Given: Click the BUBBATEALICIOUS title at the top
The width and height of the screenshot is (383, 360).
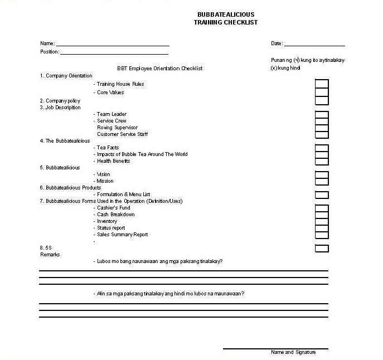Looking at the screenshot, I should coord(226,14).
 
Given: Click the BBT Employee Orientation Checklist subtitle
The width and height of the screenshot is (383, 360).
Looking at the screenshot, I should coord(159,69).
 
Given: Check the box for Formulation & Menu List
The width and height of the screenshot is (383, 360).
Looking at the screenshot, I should coord(322,195).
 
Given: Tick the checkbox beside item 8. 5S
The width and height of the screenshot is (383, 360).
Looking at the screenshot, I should coord(322,249).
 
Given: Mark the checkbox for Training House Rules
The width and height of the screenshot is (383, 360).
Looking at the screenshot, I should coord(322,84).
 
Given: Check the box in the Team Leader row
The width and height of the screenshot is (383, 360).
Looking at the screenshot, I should coord(322,115).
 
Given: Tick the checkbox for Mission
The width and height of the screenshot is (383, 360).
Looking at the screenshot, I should coord(322,181).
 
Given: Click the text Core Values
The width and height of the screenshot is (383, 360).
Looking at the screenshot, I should coord(110,93).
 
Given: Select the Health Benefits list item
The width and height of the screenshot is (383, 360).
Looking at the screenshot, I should coord(113,161).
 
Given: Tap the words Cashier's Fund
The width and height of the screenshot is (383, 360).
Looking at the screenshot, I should coord(114,208).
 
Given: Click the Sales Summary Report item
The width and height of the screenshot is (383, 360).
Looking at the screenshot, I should coord(123,235).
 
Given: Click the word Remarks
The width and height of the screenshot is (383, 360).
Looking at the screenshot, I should coord(50,255).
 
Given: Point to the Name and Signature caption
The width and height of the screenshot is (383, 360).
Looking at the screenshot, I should coord(293,352).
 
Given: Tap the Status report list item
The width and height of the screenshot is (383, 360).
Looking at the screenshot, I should coord(111,228).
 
